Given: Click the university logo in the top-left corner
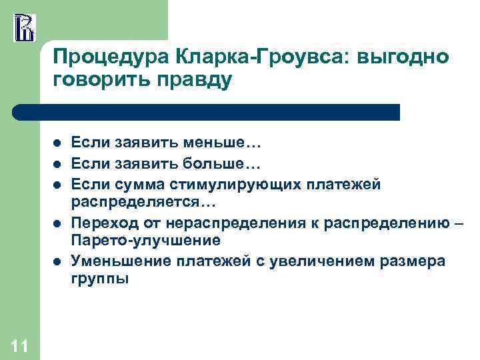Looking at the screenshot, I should click(x=24, y=27).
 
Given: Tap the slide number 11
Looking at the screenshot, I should click(x=19, y=345).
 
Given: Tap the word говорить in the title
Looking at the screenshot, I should click(x=100, y=81).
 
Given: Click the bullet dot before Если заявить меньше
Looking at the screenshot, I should click(x=58, y=142).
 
